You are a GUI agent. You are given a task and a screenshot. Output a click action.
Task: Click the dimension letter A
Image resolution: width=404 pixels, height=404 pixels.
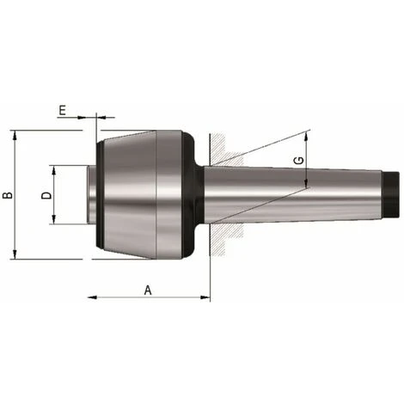(x=147, y=290)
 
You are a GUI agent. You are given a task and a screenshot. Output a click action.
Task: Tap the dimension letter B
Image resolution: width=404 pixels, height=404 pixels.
(x=8, y=195)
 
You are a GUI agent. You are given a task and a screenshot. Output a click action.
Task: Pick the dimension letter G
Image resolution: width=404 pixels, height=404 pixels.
(x=297, y=161)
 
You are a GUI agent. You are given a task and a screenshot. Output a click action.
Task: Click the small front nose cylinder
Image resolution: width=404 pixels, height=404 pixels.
(x=91, y=196)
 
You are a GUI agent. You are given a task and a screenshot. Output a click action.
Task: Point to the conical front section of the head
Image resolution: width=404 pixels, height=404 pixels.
(x=129, y=196)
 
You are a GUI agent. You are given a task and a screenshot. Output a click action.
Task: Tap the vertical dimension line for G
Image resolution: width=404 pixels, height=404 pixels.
(x=307, y=172)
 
